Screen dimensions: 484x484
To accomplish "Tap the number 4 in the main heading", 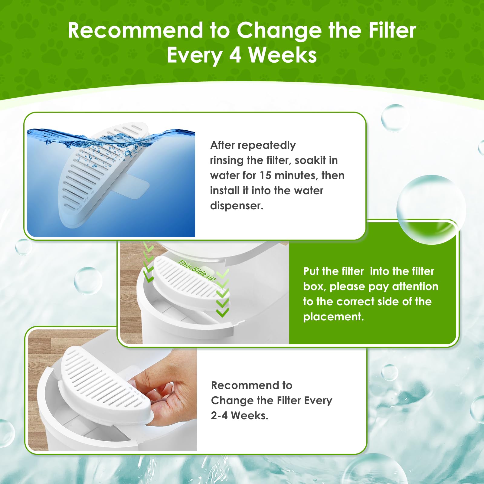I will pos(235,55).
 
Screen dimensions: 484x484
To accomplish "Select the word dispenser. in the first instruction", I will pos(237,206).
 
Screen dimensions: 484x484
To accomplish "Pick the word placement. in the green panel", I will pos(333,317).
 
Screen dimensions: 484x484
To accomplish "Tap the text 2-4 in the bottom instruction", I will pos(219,416).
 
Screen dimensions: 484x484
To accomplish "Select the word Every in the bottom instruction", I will pos(318,401).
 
